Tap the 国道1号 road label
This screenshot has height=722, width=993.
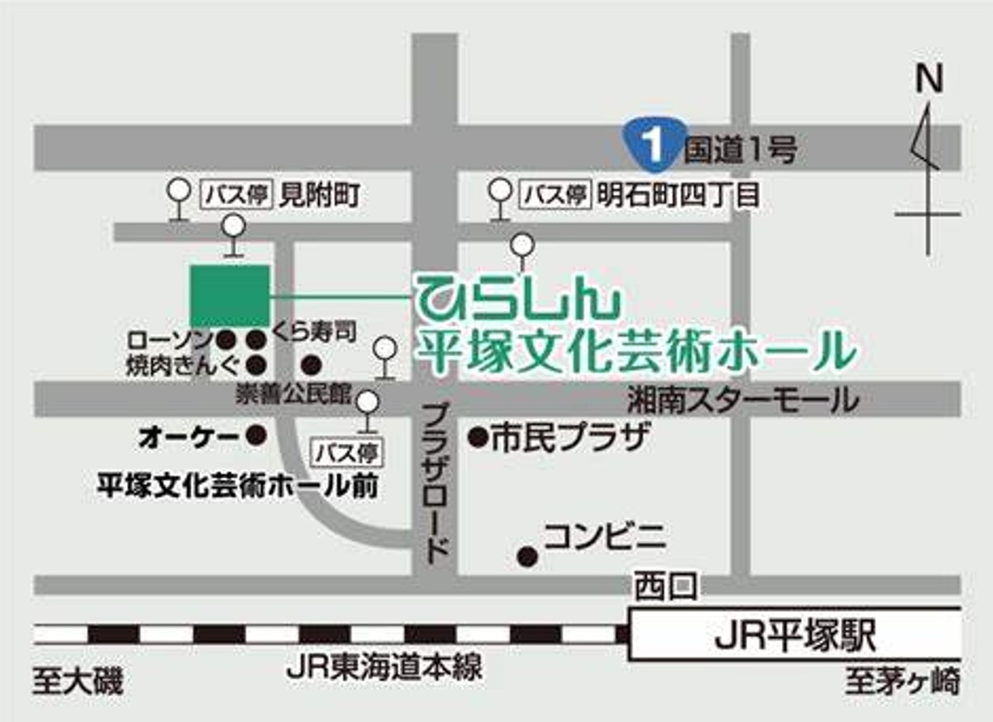point(741,150)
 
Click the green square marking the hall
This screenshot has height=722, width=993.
point(229,296)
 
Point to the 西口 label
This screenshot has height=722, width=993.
point(664,586)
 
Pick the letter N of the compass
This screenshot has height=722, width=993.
point(930,80)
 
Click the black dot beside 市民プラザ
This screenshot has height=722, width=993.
point(477,439)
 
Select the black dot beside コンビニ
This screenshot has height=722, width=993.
point(528,556)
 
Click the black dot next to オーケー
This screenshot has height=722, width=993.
point(257,436)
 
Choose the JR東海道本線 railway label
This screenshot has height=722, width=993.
point(384,668)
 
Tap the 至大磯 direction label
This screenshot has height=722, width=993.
point(78,682)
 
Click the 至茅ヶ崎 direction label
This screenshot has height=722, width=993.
point(902,682)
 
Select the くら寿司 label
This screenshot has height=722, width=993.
point(314,334)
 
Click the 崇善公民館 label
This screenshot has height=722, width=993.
point(293,394)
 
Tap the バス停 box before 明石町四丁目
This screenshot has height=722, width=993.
point(554,195)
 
